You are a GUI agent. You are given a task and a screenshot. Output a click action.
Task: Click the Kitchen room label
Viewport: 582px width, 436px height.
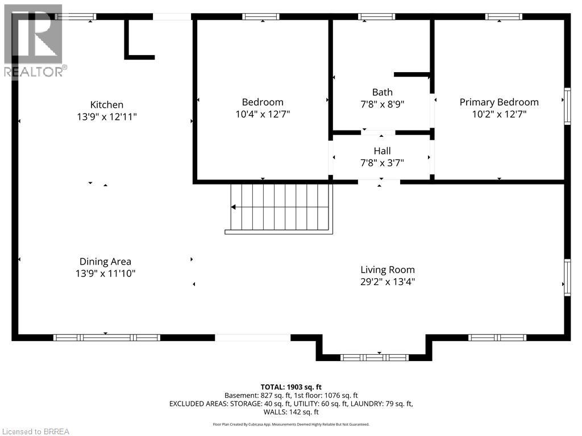107,104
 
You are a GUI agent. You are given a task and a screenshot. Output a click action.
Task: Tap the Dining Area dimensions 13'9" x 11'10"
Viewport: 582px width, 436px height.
106,274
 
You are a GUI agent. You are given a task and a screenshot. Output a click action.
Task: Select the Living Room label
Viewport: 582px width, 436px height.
388,270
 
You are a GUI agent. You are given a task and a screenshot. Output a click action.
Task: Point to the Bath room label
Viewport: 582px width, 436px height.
382,92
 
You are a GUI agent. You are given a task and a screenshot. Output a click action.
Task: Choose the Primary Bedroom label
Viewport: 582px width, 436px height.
499,102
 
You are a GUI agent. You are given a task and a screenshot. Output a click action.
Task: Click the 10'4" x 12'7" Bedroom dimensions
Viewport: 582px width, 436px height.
262,114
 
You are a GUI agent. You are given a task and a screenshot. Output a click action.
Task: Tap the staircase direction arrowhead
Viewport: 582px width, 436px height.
234,207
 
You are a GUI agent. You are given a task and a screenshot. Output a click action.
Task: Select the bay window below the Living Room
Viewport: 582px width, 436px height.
374,358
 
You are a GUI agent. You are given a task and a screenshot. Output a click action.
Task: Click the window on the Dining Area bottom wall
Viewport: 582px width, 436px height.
106,337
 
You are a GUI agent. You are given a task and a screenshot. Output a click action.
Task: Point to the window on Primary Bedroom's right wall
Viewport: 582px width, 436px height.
567,107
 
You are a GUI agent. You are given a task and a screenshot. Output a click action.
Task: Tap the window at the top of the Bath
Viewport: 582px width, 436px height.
376,16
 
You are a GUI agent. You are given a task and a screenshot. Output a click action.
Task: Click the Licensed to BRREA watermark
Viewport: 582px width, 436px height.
35,431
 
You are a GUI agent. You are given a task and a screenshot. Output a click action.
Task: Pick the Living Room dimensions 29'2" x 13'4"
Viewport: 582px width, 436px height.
388,282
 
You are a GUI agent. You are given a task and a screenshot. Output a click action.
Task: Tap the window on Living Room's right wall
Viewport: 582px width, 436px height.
567,277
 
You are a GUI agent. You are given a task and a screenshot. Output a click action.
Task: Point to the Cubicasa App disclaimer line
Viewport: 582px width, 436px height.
291,424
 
